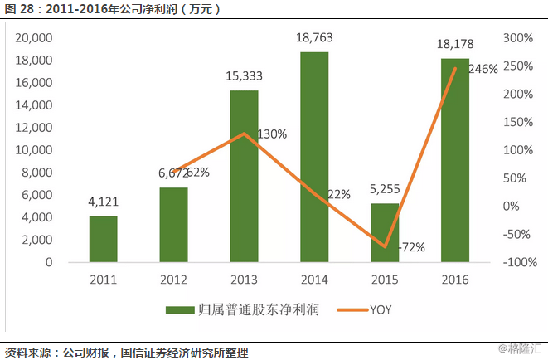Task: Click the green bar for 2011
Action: click(x=103, y=239)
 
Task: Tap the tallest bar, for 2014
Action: click(x=314, y=157)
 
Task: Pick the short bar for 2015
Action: click(x=385, y=232)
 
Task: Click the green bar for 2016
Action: click(x=455, y=160)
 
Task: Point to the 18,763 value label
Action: click(x=314, y=39)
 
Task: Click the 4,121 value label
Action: click(x=103, y=203)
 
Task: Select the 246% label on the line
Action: click(x=483, y=70)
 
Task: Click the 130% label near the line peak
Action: click(x=271, y=134)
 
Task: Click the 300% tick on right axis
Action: click(x=518, y=38)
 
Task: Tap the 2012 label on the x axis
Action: click(x=173, y=280)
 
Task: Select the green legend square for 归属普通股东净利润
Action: click(x=177, y=310)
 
